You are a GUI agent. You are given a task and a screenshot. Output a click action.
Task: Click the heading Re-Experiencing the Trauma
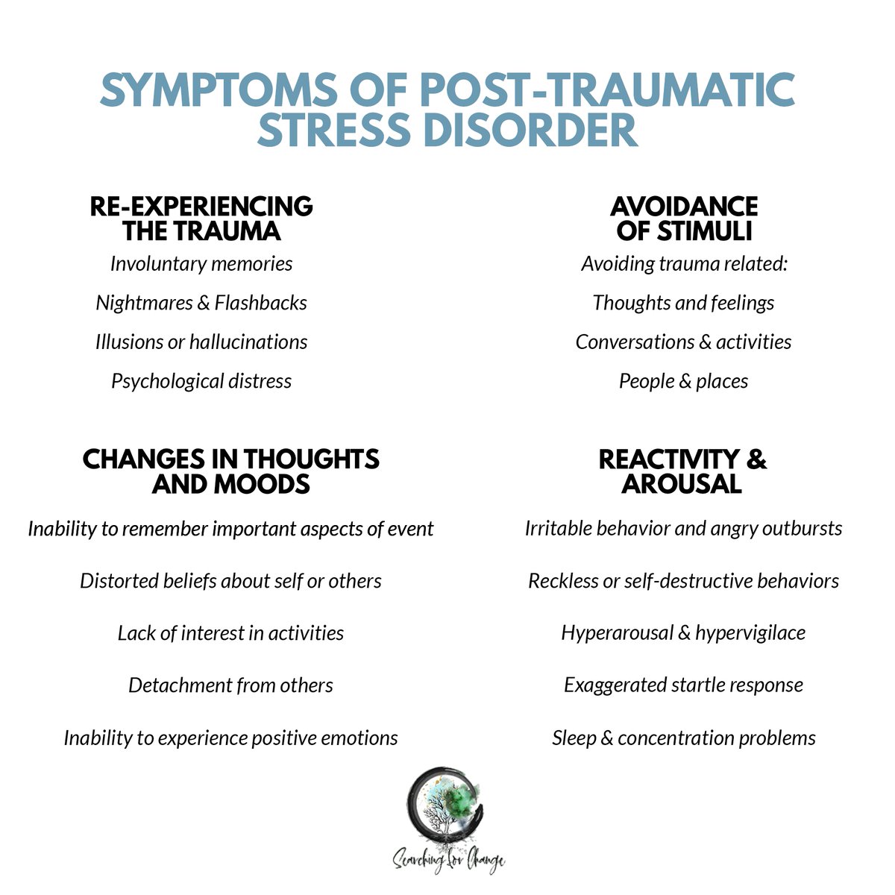(201, 218)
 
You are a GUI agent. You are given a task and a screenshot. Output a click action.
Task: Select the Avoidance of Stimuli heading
(683, 218)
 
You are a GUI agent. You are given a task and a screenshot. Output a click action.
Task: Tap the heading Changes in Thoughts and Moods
(230, 471)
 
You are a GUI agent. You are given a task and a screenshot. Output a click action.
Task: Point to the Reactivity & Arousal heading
(682, 471)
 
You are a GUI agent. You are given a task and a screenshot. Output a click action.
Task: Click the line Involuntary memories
(201, 263)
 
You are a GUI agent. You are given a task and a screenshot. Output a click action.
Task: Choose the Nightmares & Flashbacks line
(201, 303)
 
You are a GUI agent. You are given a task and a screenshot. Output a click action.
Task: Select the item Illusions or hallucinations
(201, 342)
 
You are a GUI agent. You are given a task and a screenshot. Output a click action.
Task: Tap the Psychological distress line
(201, 381)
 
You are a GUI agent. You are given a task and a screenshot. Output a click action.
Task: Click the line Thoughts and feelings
(683, 303)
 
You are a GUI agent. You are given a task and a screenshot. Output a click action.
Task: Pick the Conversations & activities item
(683, 342)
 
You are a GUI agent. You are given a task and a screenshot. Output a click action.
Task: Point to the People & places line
(683, 381)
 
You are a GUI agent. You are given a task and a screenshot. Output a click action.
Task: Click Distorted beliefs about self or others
(230, 581)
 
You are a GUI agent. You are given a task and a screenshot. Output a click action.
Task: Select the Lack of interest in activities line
(230, 633)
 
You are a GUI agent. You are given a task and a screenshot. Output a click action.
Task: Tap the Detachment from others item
(230, 685)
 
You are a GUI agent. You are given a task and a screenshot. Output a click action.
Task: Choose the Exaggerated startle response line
(683, 685)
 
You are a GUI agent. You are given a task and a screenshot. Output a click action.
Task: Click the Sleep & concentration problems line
(683, 738)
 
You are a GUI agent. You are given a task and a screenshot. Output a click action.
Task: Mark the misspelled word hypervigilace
(750, 633)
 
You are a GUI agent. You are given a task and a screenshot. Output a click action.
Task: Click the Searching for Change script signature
(449, 861)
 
